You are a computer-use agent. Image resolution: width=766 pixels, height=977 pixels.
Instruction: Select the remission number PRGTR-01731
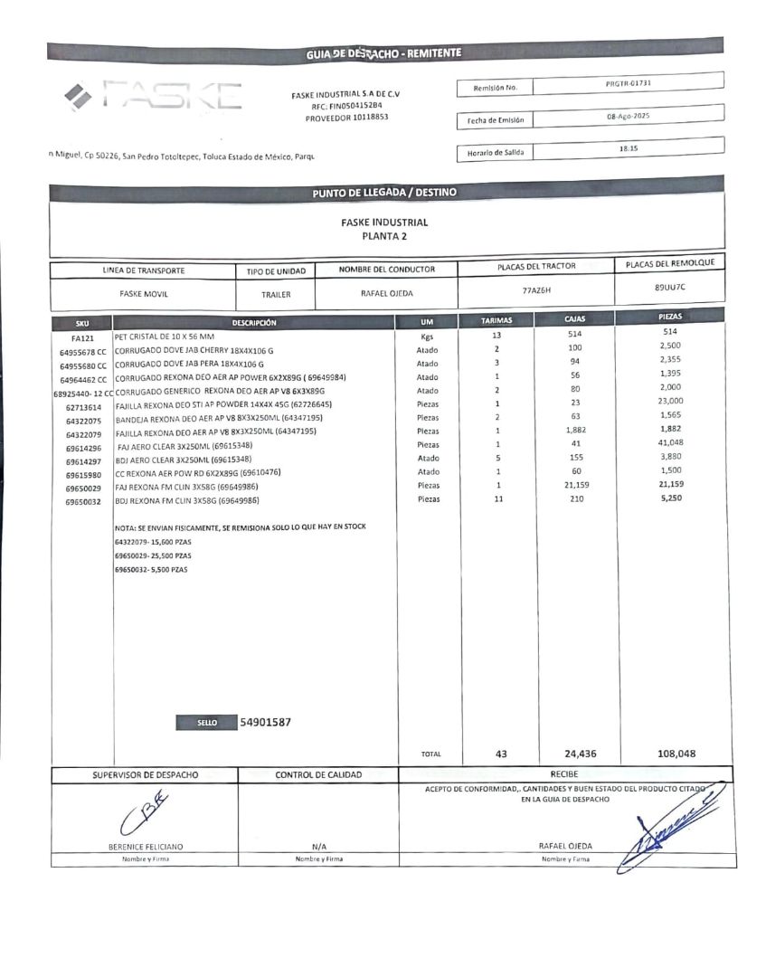(x=629, y=83)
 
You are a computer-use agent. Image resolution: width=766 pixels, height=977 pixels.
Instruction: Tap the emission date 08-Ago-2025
(x=629, y=117)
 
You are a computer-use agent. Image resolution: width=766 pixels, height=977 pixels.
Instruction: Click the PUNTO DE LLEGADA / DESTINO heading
(x=384, y=193)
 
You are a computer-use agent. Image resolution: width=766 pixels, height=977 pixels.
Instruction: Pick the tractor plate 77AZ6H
(x=536, y=291)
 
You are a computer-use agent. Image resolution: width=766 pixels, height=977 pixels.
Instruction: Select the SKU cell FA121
(x=82, y=337)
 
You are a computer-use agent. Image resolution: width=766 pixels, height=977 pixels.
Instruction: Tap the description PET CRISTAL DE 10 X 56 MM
(x=165, y=336)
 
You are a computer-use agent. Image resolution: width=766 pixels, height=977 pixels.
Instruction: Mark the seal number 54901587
(x=266, y=722)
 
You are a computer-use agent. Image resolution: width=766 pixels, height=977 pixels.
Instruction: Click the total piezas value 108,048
(x=683, y=754)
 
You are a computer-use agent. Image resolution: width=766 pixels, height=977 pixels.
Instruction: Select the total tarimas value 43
(x=502, y=754)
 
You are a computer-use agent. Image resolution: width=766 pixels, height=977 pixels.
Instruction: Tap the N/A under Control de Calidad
(x=318, y=846)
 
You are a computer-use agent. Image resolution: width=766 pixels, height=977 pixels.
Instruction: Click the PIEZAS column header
(x=670, y=318)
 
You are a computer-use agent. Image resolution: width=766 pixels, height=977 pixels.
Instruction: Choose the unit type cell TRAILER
(x=276, y=294)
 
